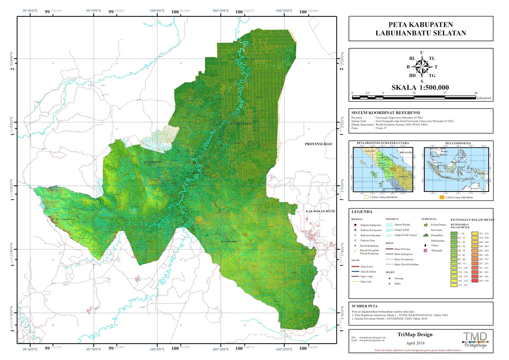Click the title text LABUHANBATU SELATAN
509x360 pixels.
pyautogui.click(x=421, y=33)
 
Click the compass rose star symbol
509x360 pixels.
pyautogui.click(x=422, y=67)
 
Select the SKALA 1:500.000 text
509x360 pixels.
pyautogui.click(x=420, y=88)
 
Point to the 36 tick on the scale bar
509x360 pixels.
pyautogui.click(x=476, y=93)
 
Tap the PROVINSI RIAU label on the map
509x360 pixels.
pyautogui.click(x=318, y=144)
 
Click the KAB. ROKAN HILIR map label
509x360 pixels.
pyautogui.click(x=320, y=211)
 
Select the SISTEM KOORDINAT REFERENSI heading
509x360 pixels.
pyautogui.click(x=385, y=113)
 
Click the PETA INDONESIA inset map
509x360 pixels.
pyautogui.click(x=456, y=169)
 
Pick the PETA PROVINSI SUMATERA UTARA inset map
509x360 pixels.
pyautogui.click(x=383, y=169)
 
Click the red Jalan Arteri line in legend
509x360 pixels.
pyautogui.click(x=355, y=267)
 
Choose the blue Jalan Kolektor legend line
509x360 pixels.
pyautogui.click(x=355, y=272)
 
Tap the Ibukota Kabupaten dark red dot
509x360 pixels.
pyautogui.click(x=355, y=225)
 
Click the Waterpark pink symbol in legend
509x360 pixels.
pyautogui.click(x=425, y=251)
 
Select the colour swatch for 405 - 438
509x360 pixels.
pyautogui.click(x=475, y=281)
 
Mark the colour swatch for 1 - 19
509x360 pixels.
pyautogui.click(x=454, y=234)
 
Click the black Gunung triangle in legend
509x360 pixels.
pyautogui.click(x=389, y=278)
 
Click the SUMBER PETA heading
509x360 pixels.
pyautogui.click(x=364, y=306)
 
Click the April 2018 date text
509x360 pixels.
pyautogui.click(x=415, y=343)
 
